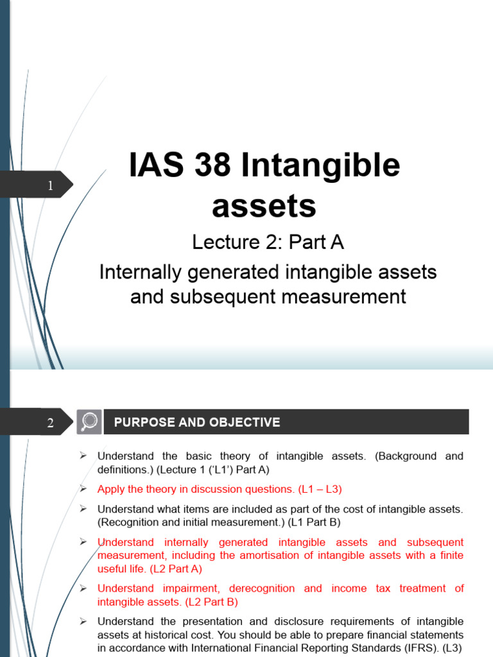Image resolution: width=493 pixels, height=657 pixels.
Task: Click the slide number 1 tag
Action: click(50, 186)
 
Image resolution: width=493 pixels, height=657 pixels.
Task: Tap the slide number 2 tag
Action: click(50, 423)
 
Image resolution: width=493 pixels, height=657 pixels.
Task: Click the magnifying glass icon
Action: click(89, 422)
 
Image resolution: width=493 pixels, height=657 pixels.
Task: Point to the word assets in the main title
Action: click(264, 206)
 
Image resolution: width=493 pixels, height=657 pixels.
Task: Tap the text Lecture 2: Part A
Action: click(268, 242)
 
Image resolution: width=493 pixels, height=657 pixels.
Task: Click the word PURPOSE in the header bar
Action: click(144, 422)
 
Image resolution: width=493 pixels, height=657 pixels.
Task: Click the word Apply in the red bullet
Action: click(112, 489)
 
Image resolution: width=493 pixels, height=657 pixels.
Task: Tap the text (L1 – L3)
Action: click(319, 489)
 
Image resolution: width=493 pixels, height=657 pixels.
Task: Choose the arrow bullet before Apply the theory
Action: click(83, 489)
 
